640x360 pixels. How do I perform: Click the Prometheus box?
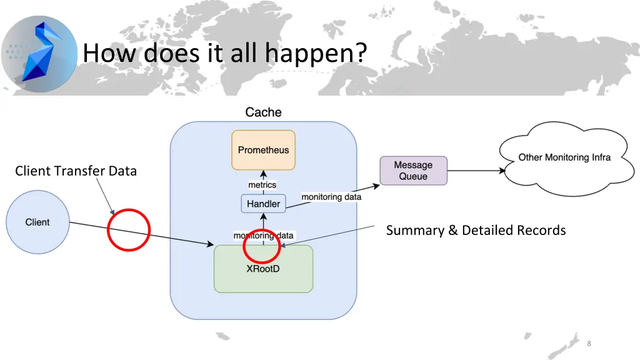[x=263, y=150]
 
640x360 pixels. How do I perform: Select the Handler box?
[x=263, y=204]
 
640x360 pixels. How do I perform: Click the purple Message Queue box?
[x=413, y=171]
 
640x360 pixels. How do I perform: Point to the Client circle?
[x=37, y=222]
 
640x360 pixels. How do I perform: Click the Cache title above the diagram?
[x=263, y=112]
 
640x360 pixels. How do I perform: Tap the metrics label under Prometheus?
[x=262, y=185]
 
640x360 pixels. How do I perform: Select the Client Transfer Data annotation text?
[x=76, y=171]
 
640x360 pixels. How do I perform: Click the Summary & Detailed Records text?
[x=476, y=231]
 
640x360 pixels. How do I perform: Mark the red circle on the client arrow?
[x=129, y=230]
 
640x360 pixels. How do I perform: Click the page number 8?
[x=589, y=344]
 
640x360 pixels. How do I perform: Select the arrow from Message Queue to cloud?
[x=476, y=170]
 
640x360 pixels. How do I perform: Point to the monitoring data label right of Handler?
[x=331, y=197]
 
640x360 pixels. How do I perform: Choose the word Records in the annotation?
[x=541, y=231]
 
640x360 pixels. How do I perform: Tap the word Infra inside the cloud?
[x=598, y=157]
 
